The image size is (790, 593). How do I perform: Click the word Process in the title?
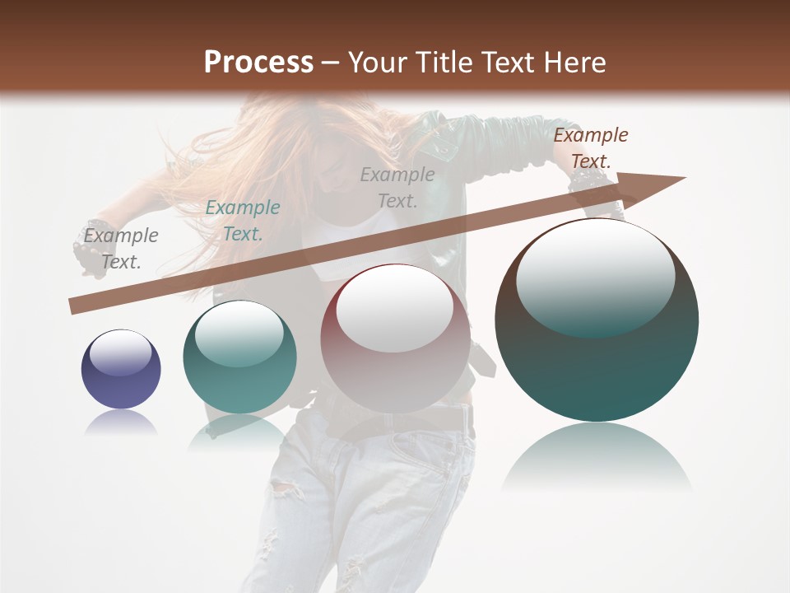pos(258,63)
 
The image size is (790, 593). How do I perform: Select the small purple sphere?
pos(121,369)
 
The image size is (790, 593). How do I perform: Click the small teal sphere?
pos(239,357)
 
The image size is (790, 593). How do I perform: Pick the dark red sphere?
pos(395,339)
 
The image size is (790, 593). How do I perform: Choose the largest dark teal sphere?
pos(597,320)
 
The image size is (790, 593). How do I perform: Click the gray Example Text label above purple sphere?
pos(120,249)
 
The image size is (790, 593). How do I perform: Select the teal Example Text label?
pos(242,221)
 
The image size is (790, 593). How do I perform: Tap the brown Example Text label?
pos(590,148)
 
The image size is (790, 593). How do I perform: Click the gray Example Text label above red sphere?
pos(397,187)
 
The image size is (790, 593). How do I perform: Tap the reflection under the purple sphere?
pos(121,423)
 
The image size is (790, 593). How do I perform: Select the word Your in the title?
pos(378,63)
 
